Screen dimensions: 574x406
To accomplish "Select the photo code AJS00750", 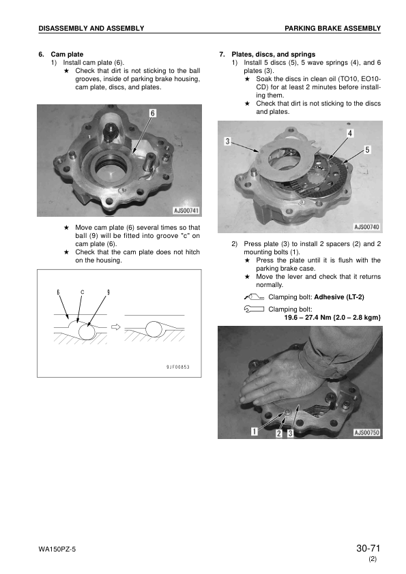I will coord(367,432).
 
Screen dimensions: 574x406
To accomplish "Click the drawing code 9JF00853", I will coord(177,367).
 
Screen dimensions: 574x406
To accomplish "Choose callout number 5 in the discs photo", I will coord(368,149).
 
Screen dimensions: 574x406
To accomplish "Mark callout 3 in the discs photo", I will coord(227,141).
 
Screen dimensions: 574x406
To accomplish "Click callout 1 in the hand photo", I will coord(254,432).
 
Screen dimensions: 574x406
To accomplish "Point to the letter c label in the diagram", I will coord(83,292).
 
